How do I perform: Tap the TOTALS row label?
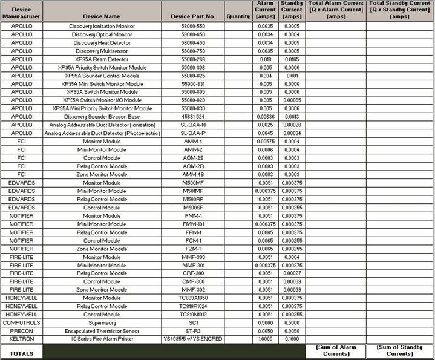(x=22, y=352)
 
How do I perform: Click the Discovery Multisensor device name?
(x=102, y=51)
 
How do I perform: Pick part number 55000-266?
(x=192, y=59)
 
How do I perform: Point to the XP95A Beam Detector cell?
(x=102, y=59)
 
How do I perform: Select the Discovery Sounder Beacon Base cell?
(x=102, y=116)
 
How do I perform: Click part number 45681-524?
(x=192, y=116)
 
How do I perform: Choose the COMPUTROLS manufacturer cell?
(x=22, y=322)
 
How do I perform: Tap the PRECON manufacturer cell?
(x=22, y=331)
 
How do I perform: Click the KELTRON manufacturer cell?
(x=22, y=339)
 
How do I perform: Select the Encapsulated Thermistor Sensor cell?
(x=102, y=331)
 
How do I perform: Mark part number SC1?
(x=192, y=322)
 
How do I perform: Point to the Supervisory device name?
(x=102, y=322)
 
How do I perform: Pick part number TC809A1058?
(x=192, y=298)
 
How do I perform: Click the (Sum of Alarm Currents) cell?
(x=336, y=352)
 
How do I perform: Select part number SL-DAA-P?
(x=192, y=133)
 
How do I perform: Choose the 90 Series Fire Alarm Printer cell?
(x=102, y=339)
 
